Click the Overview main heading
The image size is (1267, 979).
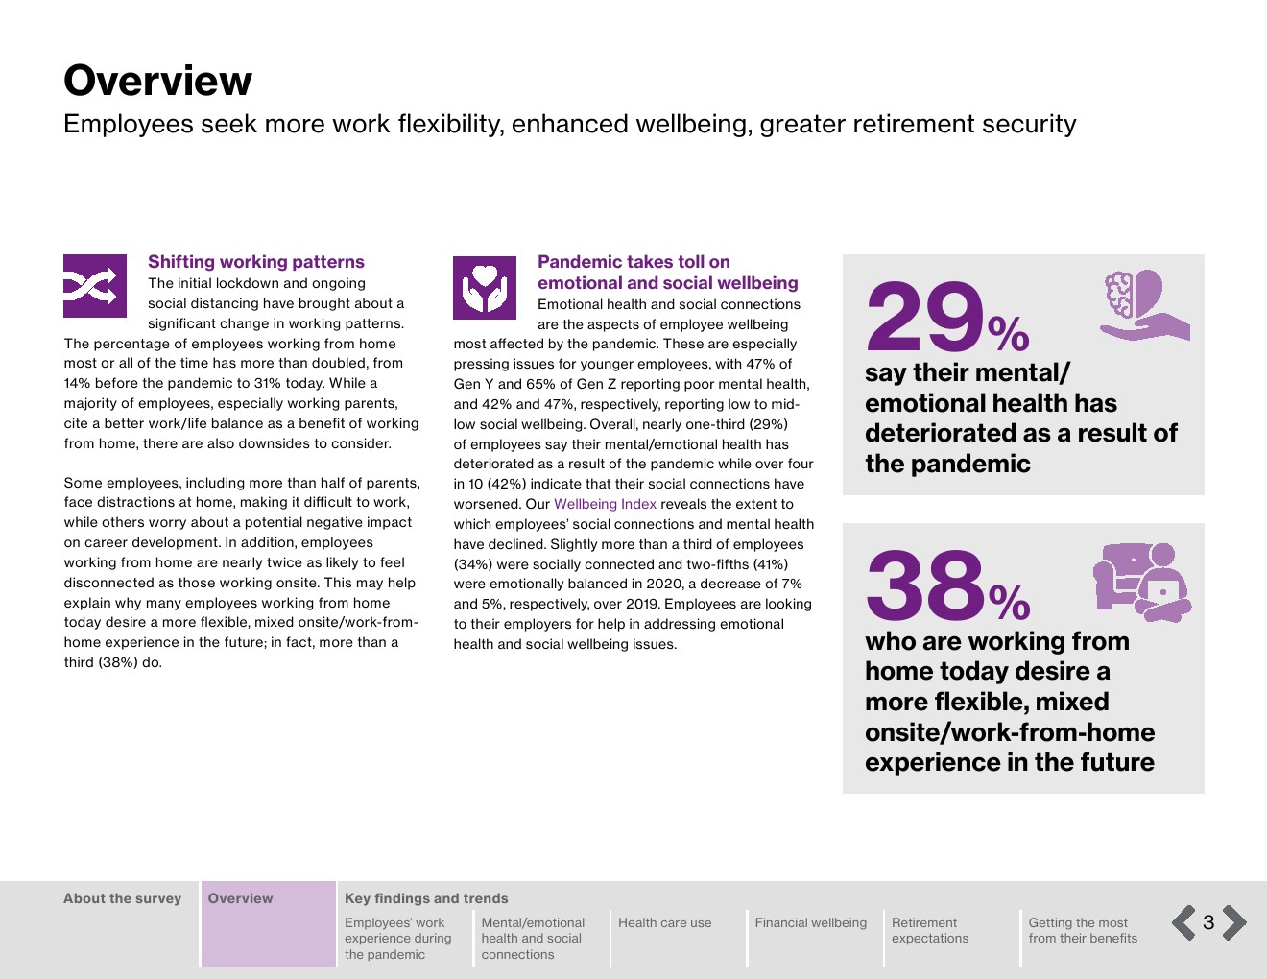click(157, 81)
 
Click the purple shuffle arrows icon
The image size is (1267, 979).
click(95, 286)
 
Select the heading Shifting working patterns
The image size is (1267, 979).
click(255, 262)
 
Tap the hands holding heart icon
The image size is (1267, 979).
click(485, 287)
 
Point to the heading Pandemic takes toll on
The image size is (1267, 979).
click(633, 262)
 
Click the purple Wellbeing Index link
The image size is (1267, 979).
click(605, 504)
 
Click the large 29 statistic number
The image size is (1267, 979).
click(924, 318)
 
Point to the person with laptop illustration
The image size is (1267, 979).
click(1142, 581)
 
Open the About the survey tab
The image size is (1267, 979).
click(122, 899)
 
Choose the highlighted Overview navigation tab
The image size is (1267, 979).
click(241, 899)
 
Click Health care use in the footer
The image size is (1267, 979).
click(664, 923)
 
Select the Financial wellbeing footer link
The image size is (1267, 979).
click(810, 923)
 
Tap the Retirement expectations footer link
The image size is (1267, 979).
click(929, 931)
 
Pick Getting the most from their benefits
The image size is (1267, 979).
click(1082, 931)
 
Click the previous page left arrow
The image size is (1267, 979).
click(1184, 922)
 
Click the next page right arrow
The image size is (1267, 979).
click(1234, 922)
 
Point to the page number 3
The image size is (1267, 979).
click(1208, 923)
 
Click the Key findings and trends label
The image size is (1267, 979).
click(426, 899)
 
